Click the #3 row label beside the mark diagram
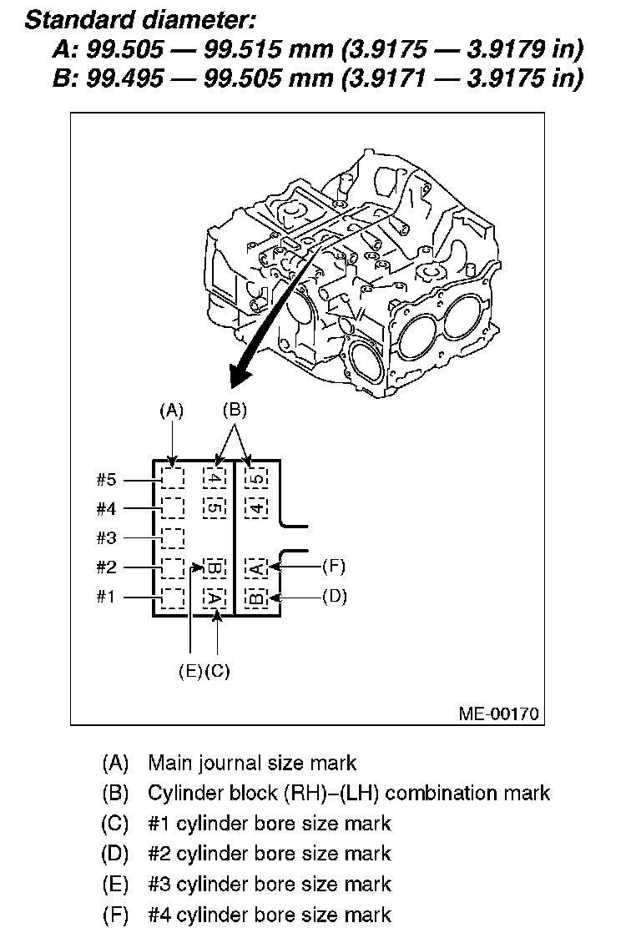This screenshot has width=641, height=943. pos(106,537)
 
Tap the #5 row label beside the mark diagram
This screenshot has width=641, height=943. pos(106,479)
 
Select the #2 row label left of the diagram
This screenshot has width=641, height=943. pos(106,567)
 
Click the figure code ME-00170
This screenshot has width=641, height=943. pos(498,714)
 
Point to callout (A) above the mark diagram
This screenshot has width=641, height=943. pos(171,410)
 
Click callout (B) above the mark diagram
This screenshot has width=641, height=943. pos(235,410)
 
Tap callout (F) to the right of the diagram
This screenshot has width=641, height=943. pos(333,567)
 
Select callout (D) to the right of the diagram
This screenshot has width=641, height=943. pos(333,597)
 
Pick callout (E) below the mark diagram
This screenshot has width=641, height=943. pos(190,671)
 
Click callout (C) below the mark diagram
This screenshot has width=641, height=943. pos(216,671)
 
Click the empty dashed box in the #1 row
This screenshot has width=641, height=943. pos(172,598)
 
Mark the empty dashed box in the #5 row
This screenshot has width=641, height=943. pos(172,478)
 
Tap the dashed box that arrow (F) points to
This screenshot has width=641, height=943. pos(257,567)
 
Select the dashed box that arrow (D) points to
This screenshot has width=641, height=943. pos(257,598)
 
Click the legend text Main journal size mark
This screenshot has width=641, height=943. pos(252,763)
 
